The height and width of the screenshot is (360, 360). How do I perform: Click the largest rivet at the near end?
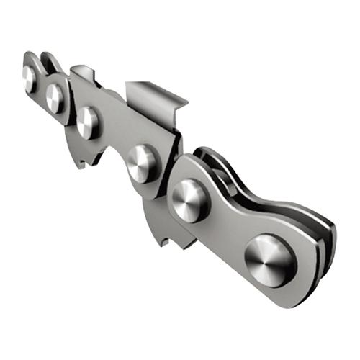[270, 258]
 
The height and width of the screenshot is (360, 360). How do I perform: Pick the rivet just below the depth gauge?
[88, 122]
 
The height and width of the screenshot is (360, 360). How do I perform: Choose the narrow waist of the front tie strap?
[229, 216]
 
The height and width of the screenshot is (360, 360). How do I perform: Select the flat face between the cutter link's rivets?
[115, 137]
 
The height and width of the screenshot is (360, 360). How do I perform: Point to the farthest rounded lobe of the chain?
[27, 61]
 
